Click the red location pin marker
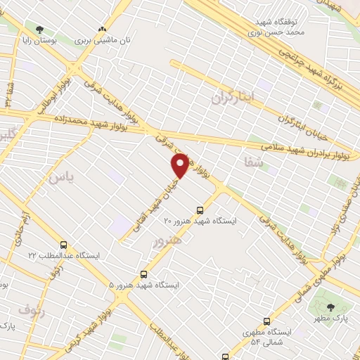pyautogui.click(x=180, y=165)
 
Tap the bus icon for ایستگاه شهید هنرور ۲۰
pyautogui.click(x=200, y=210)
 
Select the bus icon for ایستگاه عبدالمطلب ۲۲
pyautogui.click(x=64, y=245)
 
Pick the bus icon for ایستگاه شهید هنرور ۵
pyautogui.click(x=144, y=274)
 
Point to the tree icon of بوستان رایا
pyautogui.click(x=38, y=30)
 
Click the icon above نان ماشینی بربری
pyautogui.click(x=103, y=30)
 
